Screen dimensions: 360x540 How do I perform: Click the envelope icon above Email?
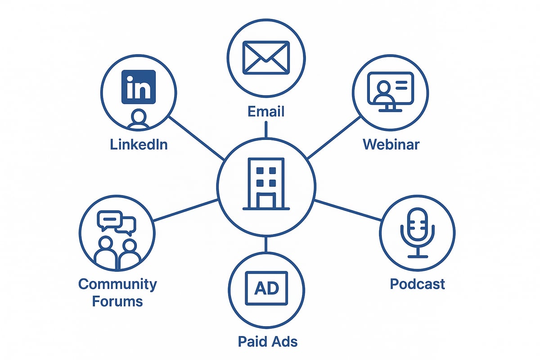(x=266, y=58)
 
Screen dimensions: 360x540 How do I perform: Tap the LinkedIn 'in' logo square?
(x=139, y=87)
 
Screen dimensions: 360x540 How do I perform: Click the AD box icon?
(x=266, y=288)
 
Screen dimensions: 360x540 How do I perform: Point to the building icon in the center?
(x=266, y=184)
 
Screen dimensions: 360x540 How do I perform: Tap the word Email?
(x=266, y=111)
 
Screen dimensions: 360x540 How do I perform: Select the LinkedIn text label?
(x=139, y=144)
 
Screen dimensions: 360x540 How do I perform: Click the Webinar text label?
(x=391, y=144)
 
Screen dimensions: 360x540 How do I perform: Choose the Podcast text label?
(x=417, y=284)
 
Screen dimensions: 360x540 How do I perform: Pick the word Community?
(x=117, y=284)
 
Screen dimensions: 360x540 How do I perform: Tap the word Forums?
(x=117, y=301)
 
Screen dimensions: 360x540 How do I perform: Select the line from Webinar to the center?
(x=334, y=137)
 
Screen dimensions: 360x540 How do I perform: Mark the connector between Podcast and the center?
(x=347, y=210)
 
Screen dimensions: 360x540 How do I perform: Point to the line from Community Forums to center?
(x=185, y=210)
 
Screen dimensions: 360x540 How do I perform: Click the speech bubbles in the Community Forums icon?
(x=117, y=222)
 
